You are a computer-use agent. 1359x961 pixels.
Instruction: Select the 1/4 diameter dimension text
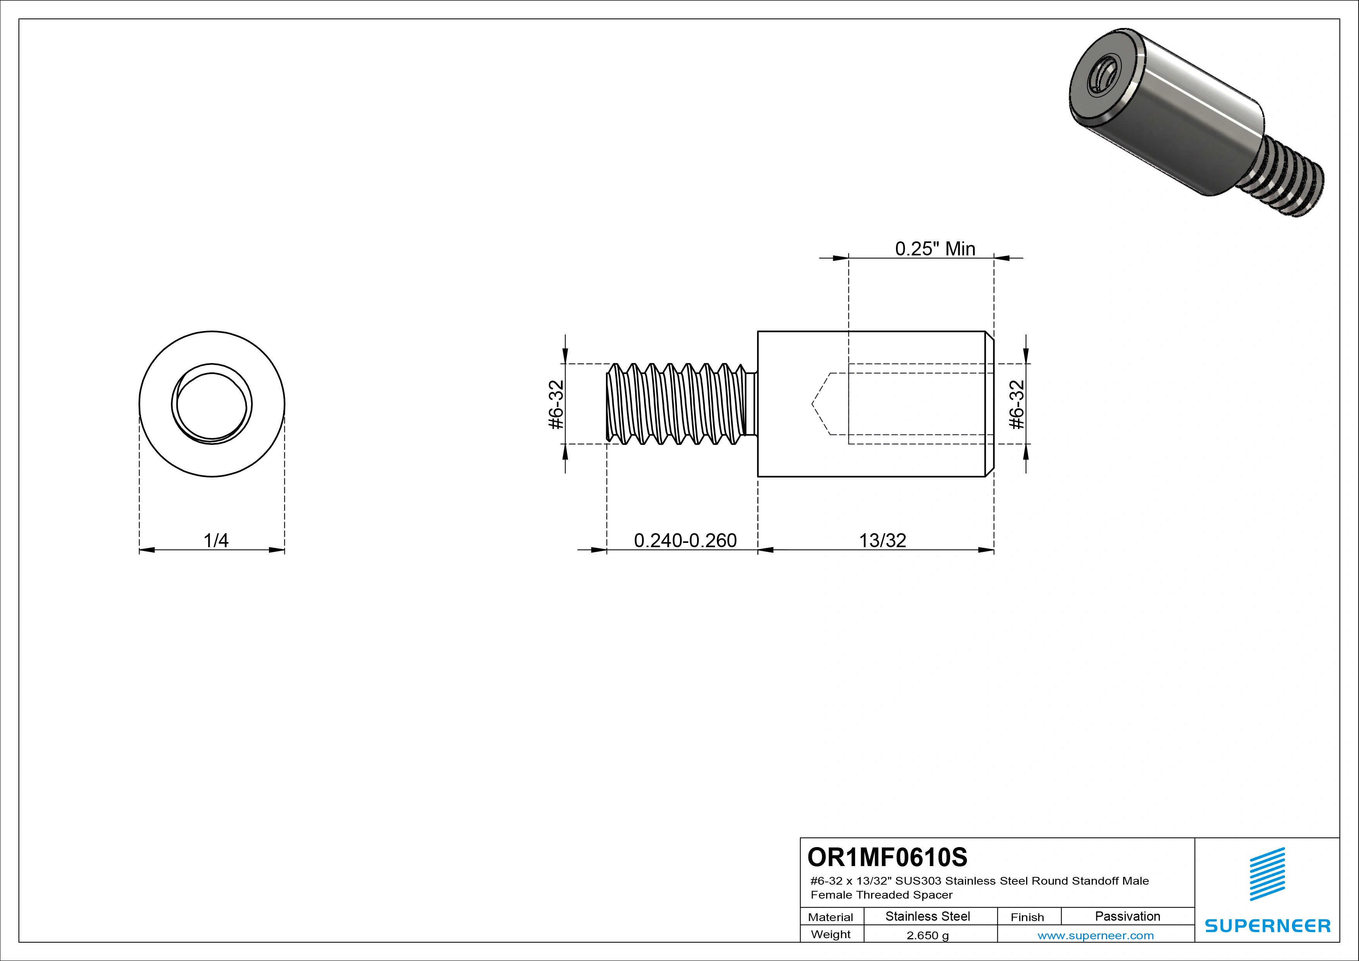pyautogui.click(x=215, y=540)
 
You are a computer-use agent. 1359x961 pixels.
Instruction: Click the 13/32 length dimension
pyautogui.click(x=882, y=540)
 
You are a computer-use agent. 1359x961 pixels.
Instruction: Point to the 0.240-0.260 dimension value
pyautogui.click(x=685, y=540)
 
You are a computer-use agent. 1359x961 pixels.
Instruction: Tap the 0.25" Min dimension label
pyautogui.click(x=935, y=248)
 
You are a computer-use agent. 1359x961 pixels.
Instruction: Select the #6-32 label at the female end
pyautogui.click(x=1016, y=404)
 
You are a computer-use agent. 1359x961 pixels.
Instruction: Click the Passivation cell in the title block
pyautogui.click(x=1127, y=916)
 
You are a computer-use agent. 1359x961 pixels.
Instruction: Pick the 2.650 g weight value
pyautogui.click(x=927, y=935)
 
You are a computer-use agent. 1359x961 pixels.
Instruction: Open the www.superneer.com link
pyautogui.click(x=1095, y=935)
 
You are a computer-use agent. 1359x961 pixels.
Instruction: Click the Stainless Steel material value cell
pyautogui.click(x=927, y=916)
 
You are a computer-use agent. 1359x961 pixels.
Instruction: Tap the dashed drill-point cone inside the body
pyautogui.click(x=822, y=404)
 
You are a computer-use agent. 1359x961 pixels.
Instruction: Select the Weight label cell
pyautogui.click(x=830, y=934)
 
